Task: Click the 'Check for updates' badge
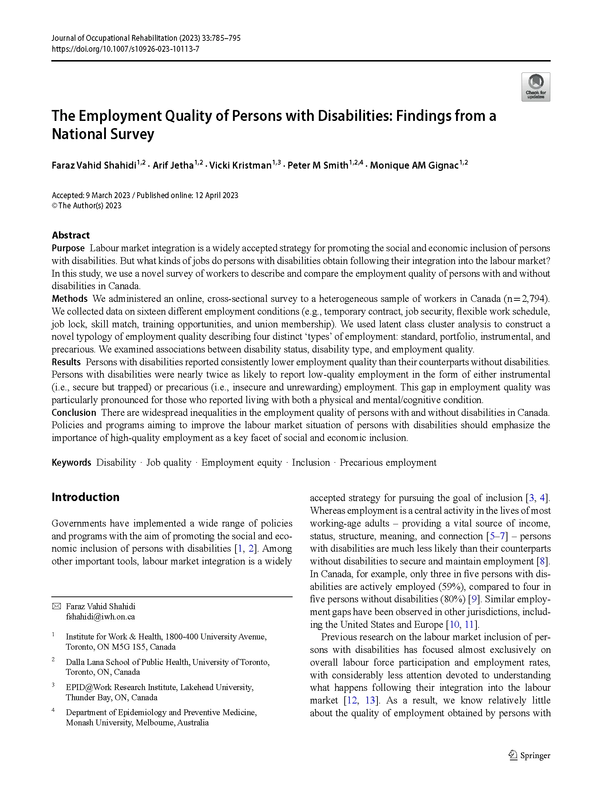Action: click(x=535, y=87)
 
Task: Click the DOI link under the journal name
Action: click(x=125, y=49)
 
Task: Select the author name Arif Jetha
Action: click(x=173, y=166)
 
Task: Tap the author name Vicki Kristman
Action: click(x=240, y=166)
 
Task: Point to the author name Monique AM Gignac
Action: click(x=414, y=166)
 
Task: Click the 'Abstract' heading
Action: click(x=71, y=235)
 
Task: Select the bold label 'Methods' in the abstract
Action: click(x=70, y=299)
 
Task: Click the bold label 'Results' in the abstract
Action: click(x=66, y=362)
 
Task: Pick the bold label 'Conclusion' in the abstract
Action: click(x=74, y=413)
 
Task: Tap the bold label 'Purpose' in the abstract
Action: click(x=68, y=248)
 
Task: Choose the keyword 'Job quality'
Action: click(x=169, y=462)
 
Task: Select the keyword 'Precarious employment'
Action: click(x=388, y=462)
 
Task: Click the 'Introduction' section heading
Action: click(x=86, y=497)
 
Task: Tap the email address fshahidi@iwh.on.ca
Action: click(x=100, y=616)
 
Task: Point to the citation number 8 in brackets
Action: click(x=542, y=561)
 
